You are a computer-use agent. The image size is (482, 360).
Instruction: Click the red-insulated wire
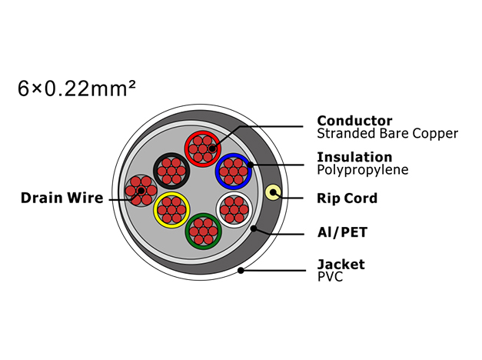203,149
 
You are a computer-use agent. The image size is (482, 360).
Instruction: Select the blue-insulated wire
234,172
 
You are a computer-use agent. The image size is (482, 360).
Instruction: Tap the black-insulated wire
171,171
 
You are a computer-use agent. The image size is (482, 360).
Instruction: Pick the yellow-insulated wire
171,210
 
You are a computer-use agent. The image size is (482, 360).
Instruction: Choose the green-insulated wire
203,232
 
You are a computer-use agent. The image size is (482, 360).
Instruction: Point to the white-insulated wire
234,210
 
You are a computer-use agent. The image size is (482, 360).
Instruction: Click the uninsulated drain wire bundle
141,191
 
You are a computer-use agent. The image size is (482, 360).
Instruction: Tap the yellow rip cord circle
273,192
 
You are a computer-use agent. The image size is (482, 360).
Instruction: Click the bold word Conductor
354,121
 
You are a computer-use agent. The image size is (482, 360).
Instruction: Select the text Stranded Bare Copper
387,134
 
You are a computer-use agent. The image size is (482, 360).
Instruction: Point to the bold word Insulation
354,157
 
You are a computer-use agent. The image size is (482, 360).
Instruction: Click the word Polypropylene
363,170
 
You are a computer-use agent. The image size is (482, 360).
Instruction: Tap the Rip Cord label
347,198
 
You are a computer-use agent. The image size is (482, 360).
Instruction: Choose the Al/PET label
342,232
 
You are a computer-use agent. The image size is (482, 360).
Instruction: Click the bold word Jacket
341,265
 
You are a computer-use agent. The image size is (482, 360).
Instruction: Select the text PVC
330,277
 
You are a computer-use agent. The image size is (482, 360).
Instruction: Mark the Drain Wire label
62,198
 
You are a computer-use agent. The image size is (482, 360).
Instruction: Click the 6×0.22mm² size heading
77,89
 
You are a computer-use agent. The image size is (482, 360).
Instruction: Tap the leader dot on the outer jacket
241,271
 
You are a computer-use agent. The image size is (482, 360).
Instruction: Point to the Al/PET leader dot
254,228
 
